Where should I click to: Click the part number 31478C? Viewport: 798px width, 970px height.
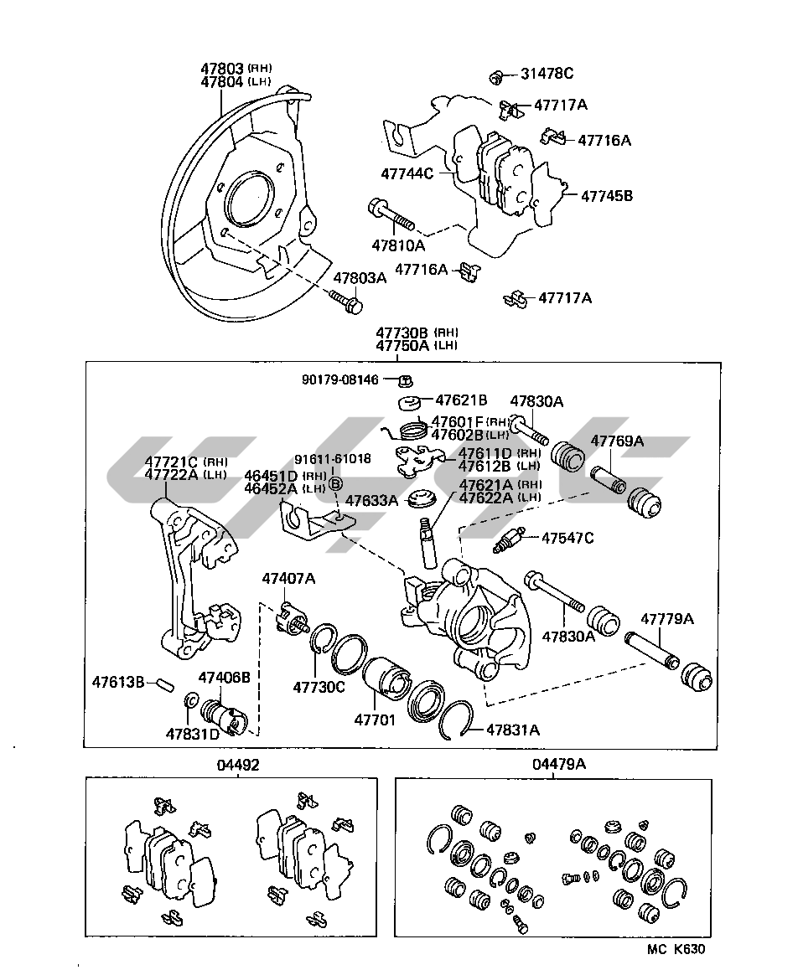(x=547, y=74)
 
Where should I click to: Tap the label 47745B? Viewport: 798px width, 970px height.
(x=607, y=196)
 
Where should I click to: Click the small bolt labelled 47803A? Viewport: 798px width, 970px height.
(x=346, y=302)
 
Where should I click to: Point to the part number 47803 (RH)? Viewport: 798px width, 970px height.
(x=236, y=68)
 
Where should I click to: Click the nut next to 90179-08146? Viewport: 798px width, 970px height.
(x=406, y=379)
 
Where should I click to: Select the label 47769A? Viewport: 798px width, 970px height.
(x=617, y=441)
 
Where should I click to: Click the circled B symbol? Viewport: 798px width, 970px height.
(x=334, y=483)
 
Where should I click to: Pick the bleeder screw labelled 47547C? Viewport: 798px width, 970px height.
(x=508, y=540)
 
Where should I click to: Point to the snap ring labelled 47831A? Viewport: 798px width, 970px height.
(x=460, y=720)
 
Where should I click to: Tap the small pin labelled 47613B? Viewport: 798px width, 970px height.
(x=165, y=685)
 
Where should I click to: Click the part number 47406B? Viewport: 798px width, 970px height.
(x=224, y=678)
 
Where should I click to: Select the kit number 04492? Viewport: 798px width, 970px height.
(x=238, y=766)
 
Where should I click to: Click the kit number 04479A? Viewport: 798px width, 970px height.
(x=558, y=764)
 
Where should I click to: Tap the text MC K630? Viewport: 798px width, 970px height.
(x=676, y=948)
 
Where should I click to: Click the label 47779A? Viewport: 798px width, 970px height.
(x=666, y=619)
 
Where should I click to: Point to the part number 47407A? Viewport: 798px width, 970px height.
(x=288, y=579)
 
